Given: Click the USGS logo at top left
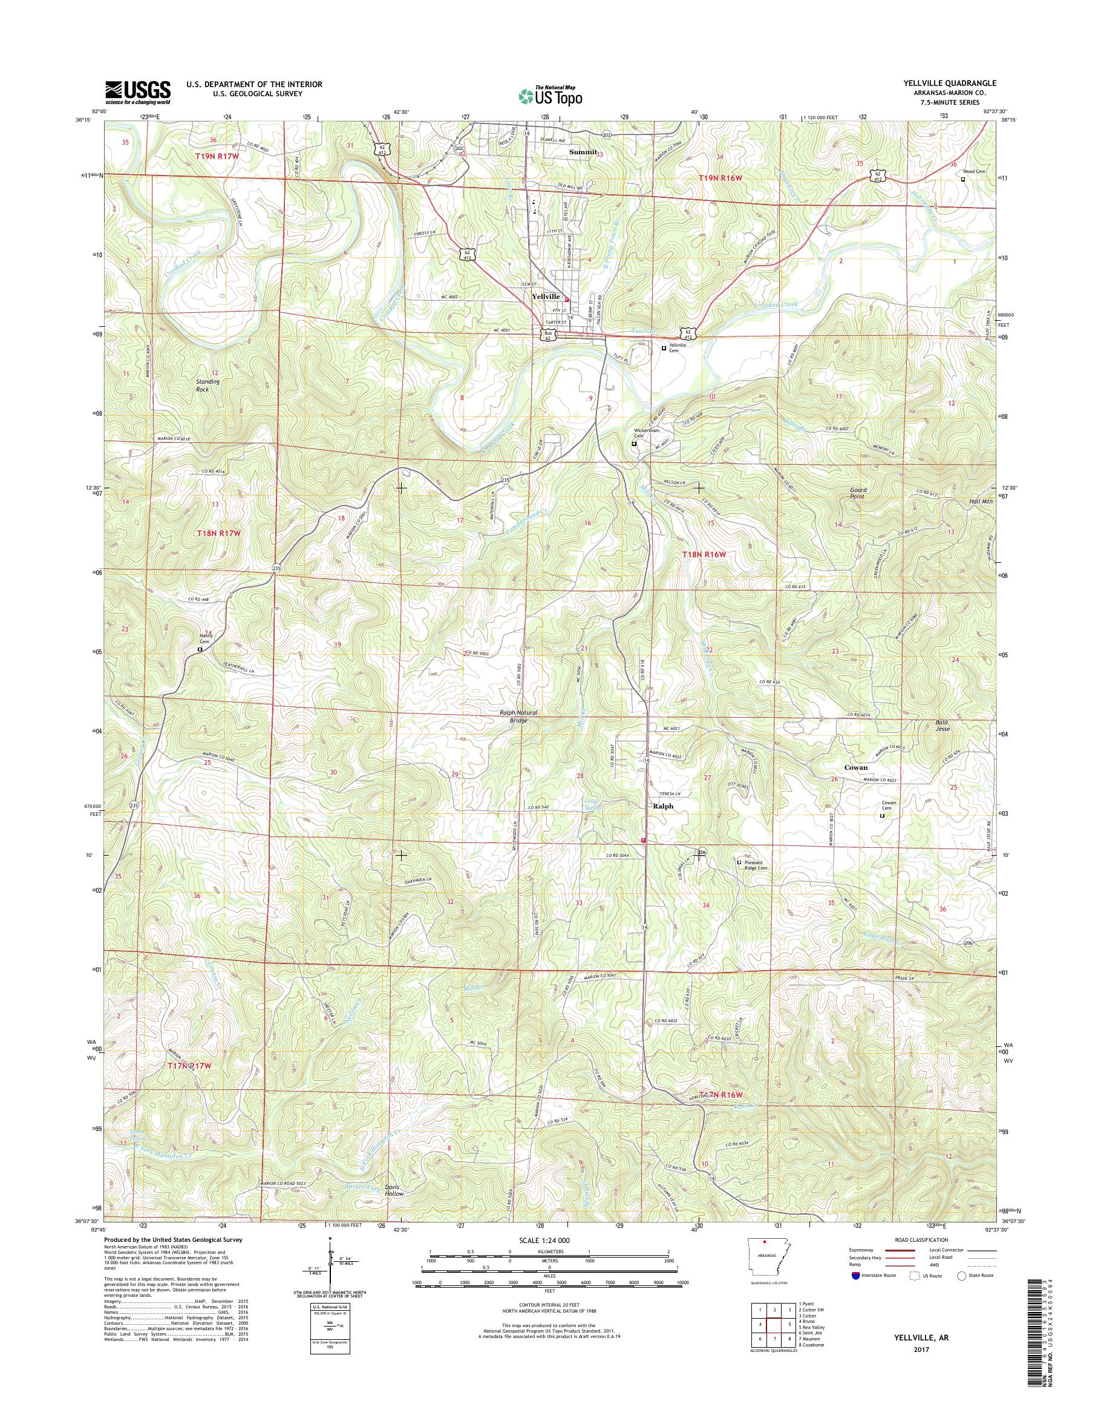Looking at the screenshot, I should (138, 92).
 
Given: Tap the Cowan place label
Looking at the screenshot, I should (856, 767).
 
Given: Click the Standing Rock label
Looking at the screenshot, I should (207, 385).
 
